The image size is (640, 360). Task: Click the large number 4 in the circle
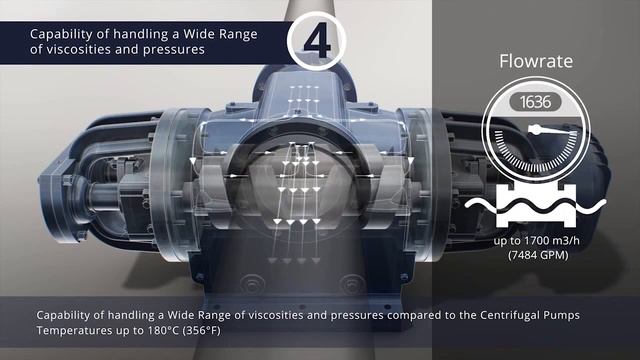coord(317,40)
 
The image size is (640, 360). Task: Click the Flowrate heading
coord(536,61)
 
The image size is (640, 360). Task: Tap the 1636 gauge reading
coord(536,102)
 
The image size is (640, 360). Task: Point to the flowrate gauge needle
coord(553,131)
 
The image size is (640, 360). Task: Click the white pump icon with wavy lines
coord(536,205)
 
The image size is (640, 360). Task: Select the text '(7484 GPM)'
coord(538,255)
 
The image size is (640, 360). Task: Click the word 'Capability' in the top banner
coord(55,34)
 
